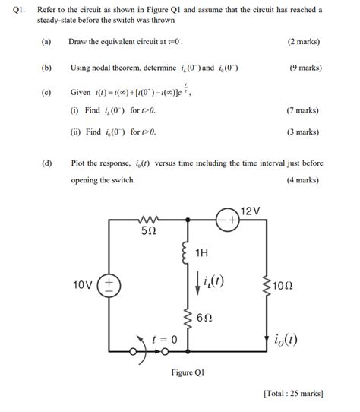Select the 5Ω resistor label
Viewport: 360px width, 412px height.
pos(149,230)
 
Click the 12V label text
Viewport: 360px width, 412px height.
pos(250,210)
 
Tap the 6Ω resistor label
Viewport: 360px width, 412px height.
pos(204,319)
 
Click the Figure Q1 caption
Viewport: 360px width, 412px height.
pos(188,372)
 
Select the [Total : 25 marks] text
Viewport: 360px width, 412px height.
pos(292,394)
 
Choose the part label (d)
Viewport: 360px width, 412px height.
pos(47,163)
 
